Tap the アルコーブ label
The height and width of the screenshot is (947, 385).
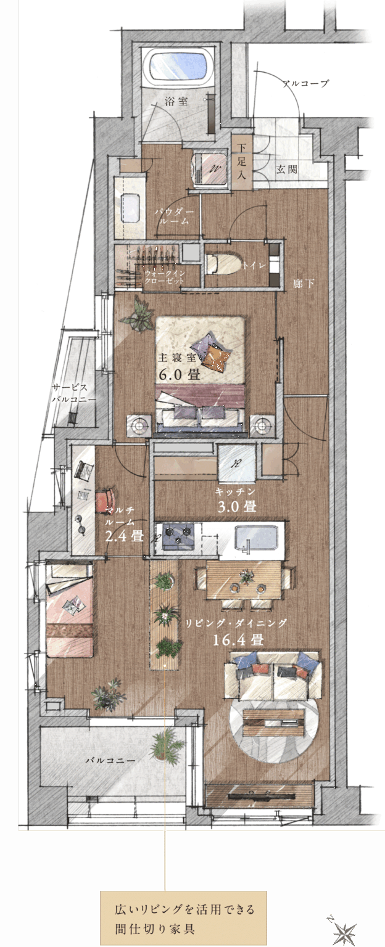pos(305,83)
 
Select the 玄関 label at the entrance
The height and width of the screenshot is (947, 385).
pos(287,170)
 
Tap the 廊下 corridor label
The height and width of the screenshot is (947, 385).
pos(304,284)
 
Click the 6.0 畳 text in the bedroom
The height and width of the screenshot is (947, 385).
pos(180,375)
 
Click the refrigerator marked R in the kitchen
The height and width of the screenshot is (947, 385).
pos(236,463)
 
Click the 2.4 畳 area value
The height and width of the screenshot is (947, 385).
pos(125,536)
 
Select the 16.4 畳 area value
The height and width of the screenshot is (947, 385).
pos(238,639)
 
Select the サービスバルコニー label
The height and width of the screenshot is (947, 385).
pos(73,393)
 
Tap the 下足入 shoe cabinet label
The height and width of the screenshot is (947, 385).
pos(241,161)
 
